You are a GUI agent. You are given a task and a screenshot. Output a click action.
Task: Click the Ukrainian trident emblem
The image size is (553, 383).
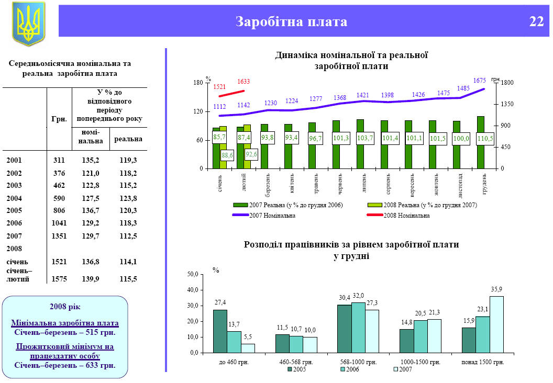(29, 24)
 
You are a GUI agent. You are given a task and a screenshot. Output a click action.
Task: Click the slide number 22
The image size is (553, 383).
(536, 21)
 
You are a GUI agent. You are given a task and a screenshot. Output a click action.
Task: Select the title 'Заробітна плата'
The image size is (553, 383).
(291, 21)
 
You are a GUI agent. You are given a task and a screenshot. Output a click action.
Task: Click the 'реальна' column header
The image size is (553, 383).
(128, 139)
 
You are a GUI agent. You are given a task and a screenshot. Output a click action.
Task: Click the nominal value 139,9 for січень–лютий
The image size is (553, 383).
(91, 279)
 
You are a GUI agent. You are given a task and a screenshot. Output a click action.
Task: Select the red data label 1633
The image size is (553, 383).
(244, 82)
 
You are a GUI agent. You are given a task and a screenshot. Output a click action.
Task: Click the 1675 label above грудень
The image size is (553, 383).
(480, 81)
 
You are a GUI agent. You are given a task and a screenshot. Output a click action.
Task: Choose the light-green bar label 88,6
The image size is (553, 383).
(227, 155)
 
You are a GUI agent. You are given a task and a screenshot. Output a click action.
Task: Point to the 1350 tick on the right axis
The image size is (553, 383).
(507, 104)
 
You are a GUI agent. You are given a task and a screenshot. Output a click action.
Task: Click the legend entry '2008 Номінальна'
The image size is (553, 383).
(406, 215)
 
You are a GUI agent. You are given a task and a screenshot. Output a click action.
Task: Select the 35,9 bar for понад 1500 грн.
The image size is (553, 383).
(496, 324)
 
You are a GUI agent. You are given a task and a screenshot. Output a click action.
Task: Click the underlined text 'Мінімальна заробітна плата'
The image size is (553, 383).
(65, 323)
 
